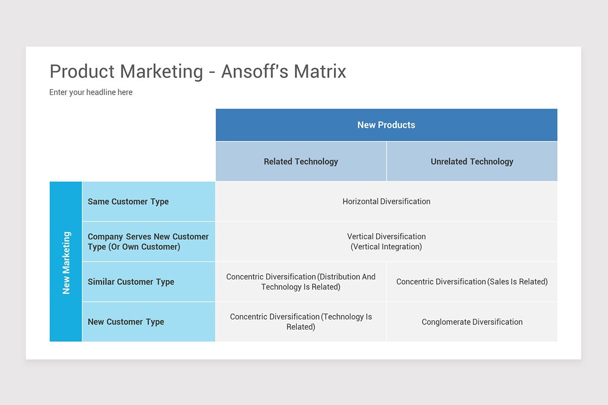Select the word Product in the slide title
click(82, 71)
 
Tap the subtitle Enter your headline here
click(91, 92)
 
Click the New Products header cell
click(386, 125)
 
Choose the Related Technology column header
click(300, 161)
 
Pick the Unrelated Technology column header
click(472, 161)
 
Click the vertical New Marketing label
click(66, 262)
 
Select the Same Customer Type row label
click(128, 201)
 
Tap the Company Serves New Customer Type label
click(148, 241)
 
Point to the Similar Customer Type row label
click(131, 282)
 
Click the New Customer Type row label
click(126, 322)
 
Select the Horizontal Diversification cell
click(386, 201)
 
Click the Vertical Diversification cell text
click(386, 236)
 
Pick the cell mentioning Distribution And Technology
click(300, 282)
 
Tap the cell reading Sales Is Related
click(472, 282)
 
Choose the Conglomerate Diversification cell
click(472, 322)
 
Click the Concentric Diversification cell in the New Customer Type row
click(300, 322)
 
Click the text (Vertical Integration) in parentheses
click(386, 247)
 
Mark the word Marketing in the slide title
click(161, 71)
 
